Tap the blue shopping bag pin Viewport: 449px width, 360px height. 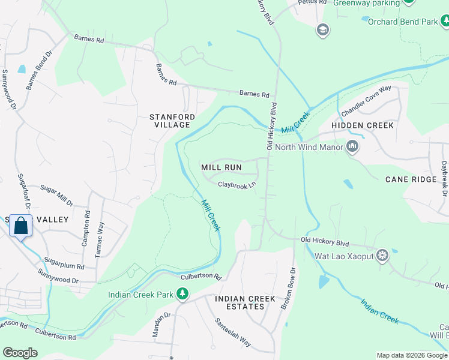pyautogui.click(x=20, y=227)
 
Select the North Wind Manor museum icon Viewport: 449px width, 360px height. pyautogui.click(x=352, y=146)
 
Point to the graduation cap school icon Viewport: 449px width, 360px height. pyautogui.click(x=323, y=30)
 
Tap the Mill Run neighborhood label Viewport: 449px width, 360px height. pyautogui.click(x=221, y=167)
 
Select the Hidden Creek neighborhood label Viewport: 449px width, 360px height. pyautogui.click(x=363, y=125)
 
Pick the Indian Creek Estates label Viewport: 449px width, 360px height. pyautogui.click(x=245, y=302)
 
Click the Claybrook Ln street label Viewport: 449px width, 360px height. pyautogui.click(x=237, y=185)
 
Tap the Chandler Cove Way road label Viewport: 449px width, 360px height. pyautogui.click(x=366, y=101)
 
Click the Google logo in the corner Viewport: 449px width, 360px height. pyautogui.click(x=20, y=352)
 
